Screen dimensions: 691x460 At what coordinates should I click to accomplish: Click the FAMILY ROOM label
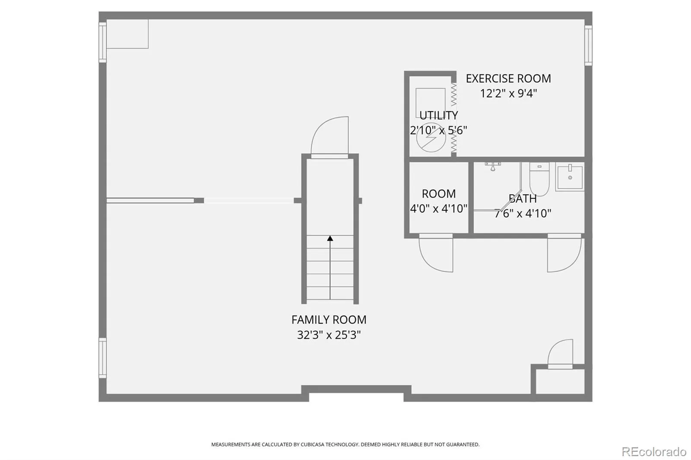pos(329,320)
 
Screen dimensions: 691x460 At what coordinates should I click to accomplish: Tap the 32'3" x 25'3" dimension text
pos(329,335)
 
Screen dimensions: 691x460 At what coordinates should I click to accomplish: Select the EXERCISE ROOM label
pos(508,79)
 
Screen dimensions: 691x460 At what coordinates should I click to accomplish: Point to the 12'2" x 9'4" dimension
pos(508,93)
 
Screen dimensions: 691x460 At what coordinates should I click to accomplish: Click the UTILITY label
pos(438,115)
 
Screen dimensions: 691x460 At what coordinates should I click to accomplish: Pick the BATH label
pos(523,198)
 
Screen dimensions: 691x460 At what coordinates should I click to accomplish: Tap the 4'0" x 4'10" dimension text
pos(438,209)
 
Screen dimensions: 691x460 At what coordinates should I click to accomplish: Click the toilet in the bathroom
pos(539,179)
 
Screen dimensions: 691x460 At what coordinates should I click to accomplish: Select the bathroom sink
pos(570,176)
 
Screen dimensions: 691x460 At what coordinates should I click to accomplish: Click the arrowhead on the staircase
pos(330,238)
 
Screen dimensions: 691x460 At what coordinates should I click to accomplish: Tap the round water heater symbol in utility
pos(431,138)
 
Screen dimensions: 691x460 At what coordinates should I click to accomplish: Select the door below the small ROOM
pos(436,253)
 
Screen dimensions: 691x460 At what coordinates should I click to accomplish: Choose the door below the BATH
pos(564,253)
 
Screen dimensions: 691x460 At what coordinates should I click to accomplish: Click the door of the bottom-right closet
pos(560,354)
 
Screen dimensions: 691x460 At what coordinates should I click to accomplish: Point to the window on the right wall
pos(588,45)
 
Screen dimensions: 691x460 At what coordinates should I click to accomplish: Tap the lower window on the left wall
pos(102,358)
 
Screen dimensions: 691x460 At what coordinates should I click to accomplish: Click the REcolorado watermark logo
pos(654,452)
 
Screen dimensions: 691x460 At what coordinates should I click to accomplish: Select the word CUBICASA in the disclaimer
pos(313,444)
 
